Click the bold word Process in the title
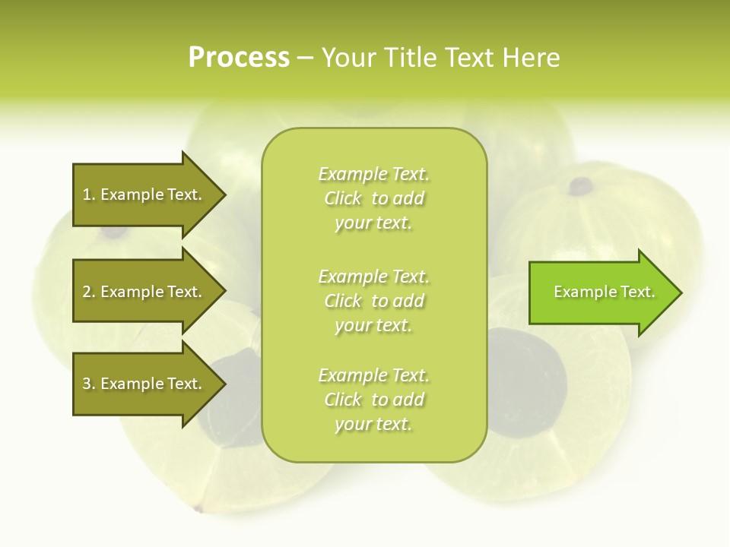[239, 58]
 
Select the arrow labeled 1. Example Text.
[144, 194]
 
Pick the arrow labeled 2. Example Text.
[144, 292]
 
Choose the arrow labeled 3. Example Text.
[144, 384]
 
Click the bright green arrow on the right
[601, 292]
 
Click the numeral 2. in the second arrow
[88, 292]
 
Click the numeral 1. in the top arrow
[88, 194]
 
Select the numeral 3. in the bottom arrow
[88, 384]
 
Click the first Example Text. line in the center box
[373, 174]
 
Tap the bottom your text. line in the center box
[373, 424]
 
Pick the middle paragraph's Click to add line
[373, 301]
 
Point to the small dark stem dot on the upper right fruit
[582, 185]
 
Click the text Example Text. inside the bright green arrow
[605, 292]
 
